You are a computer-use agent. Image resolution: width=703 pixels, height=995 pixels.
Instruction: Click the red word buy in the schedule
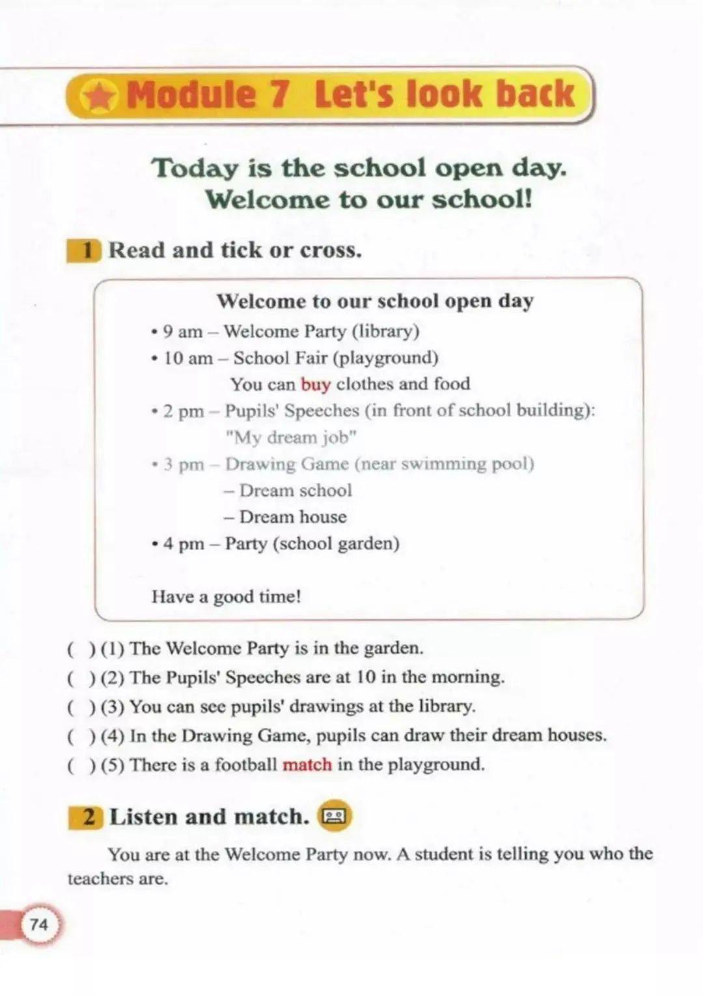pos(316,384)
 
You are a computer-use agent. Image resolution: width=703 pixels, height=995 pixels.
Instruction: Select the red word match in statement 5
pos(307,764)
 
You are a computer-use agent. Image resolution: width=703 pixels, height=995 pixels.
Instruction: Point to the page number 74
pos(39,924)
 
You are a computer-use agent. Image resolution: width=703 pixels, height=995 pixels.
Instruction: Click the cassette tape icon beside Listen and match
pos(335,816)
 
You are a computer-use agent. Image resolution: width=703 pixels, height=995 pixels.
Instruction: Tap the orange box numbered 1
pos(84,251)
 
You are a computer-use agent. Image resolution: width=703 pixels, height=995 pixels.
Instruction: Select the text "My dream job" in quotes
pos(291,437)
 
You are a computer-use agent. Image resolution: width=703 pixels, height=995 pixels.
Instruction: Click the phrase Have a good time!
pos(226,597)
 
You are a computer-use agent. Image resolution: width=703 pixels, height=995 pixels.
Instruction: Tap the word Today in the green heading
pos(195,169)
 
